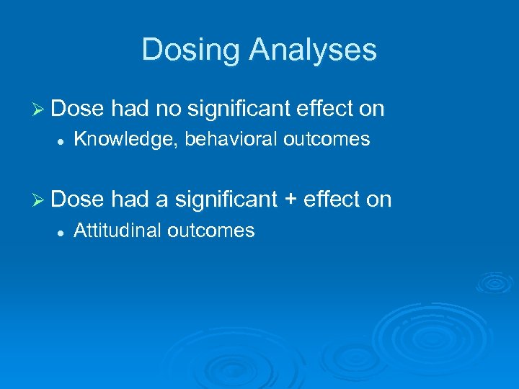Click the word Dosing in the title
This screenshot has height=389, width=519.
pos(192,50)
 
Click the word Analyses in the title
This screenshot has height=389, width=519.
pos(313,50)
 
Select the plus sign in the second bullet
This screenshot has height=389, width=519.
pos(290,200)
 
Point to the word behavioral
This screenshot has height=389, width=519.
pos(231,140)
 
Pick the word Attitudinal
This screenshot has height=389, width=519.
pos(117,231)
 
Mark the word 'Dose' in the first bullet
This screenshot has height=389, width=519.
pos(79,109)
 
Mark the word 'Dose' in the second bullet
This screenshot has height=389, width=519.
pos(79,200)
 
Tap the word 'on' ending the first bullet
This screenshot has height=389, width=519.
pos(371,109)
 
